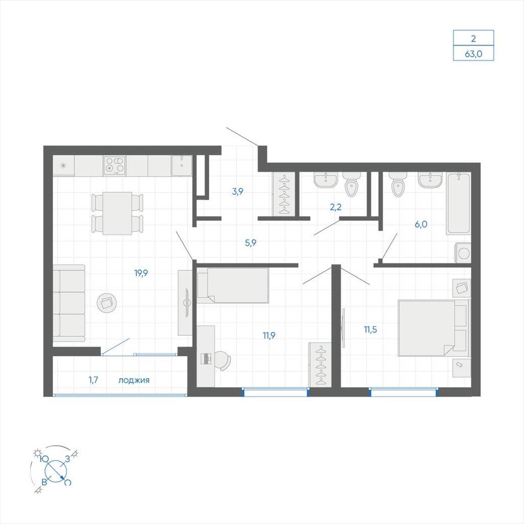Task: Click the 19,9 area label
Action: click(141, 273)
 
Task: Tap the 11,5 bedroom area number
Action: click(370, 330)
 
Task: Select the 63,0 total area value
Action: click(473, 53)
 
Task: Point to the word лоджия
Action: click(134, 380)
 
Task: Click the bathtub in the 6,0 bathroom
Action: click(458, 203)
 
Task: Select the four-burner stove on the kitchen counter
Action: click(115, 165)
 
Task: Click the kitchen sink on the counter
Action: click(182, 165)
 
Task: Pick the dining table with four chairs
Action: click(117, 213)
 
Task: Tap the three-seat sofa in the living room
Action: click(69, 303)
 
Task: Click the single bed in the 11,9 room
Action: click(233, 286)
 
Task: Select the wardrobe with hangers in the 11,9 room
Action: click(320, 364)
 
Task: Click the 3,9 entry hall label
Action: click(237, 191)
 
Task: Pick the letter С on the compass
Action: click(68, 482)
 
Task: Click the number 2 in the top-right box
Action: click(473, 38)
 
